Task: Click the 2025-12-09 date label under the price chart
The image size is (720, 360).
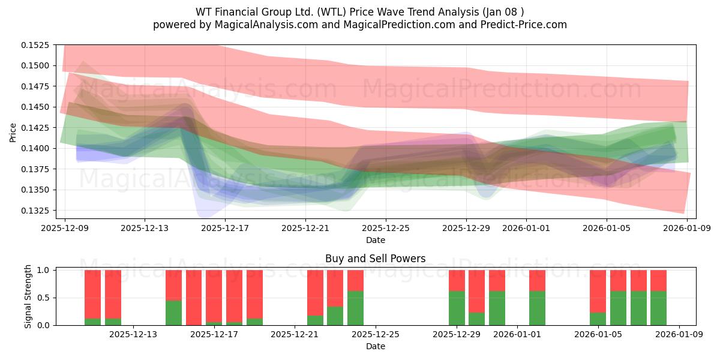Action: [x=64, y=228]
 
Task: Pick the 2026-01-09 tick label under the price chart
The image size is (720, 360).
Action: [x=687, y=228]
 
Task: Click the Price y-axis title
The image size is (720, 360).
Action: [x=13, y=132]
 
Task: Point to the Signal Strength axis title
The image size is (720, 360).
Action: [x=28, y=298]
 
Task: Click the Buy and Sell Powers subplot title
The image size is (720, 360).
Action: [x=375, y=259]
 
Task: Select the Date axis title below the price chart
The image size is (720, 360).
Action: [x=375, y=240]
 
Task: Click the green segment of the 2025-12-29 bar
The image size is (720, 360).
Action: [x=457, y=308]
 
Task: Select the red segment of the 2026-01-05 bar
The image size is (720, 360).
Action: [x=598, y=291]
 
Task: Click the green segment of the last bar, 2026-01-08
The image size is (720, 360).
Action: [x=658, y=308]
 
